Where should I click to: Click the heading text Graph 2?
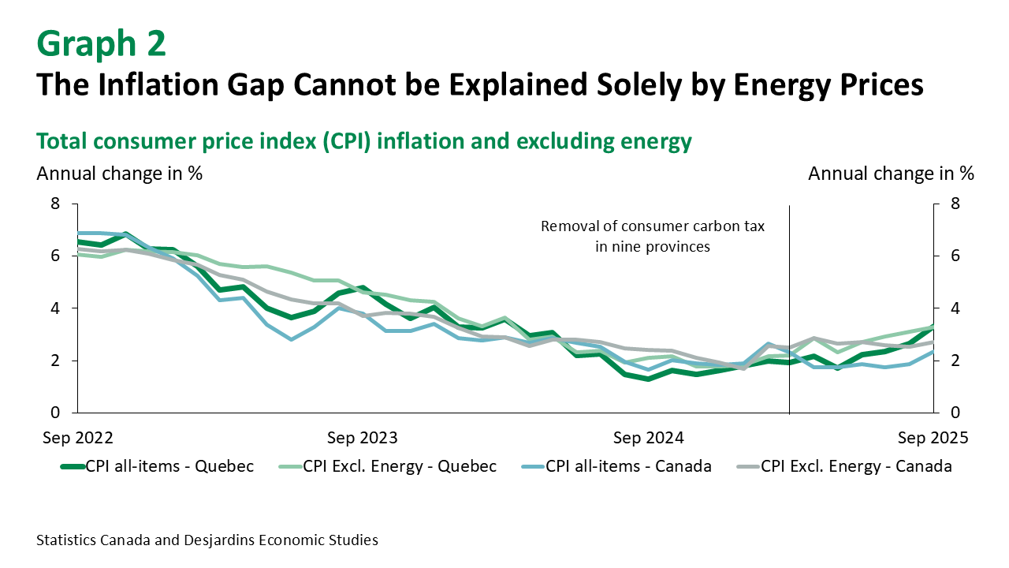(102, 44)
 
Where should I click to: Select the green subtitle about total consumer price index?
(364, 141)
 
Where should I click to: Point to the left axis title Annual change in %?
(120, 174)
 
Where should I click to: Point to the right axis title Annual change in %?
(891, 174)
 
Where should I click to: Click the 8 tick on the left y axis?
(55, 204)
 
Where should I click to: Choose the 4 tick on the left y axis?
(55, 308)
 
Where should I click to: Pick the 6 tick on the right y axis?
(955, 256)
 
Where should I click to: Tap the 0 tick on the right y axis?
(955, 413)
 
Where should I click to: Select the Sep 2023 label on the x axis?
(362, 438)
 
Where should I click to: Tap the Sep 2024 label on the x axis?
(649, 438)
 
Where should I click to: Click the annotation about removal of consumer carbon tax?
(653, 236)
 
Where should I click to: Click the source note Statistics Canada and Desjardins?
(207, 540)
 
